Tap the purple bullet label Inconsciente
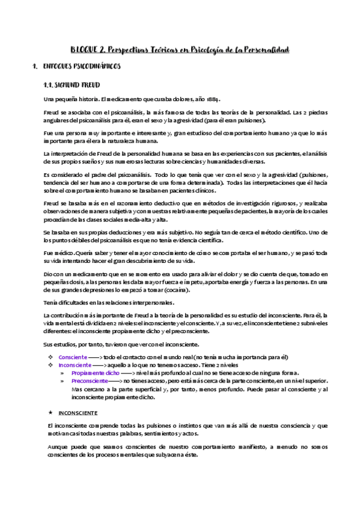point(75,365)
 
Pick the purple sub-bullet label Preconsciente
point(90,381)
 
